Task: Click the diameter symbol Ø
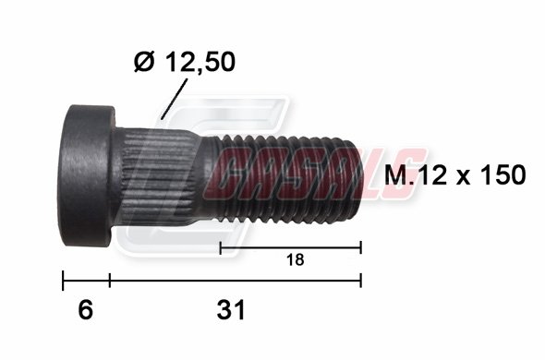(x=144, y=62)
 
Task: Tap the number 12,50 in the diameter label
(x=200, y=63)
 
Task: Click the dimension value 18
(x=295, y=259)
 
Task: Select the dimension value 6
(x=86, y=310)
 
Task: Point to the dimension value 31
(x=231, y=310)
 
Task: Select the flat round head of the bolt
(x=87, y=175)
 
